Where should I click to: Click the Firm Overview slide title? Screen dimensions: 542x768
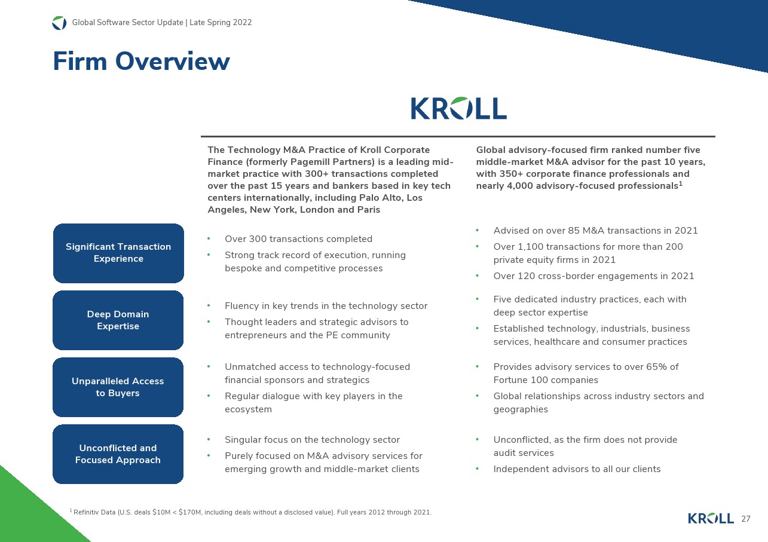click(x=141, y=62)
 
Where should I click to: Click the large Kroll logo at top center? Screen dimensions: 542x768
click(x=458, y=109)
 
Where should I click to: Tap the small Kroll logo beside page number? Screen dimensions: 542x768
click(x=711, y=519)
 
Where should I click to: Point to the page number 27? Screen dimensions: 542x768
click(x=745, y=519)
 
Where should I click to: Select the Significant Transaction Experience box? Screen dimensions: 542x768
click(x=118, y=253)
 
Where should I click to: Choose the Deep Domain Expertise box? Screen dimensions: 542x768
click(x=118, y=320)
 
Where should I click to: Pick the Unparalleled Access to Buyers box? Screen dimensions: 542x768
click(x=118, y=387)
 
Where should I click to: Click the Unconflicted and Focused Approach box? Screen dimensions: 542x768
click(x=118, y=454)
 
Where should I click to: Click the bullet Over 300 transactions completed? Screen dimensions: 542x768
click(x=298, y=239)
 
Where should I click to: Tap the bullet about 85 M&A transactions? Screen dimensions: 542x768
click(x=595, y=231)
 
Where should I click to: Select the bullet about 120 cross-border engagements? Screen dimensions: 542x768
click(x=593, y=276)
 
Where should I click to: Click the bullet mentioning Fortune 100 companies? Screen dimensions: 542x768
click(x=586, y=373)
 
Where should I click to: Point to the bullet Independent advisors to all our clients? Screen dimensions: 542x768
click(x=577, y=469)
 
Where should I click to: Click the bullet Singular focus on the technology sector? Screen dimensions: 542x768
click(x=312, y=440)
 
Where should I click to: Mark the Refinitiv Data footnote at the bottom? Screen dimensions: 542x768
click(x=251, y=512)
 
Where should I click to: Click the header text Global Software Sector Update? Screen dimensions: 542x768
click(x=161, y=23)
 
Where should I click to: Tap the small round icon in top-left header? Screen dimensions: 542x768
click(x=59, y=23)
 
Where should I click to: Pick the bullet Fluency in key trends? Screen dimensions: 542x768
click(x=326, y=306)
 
